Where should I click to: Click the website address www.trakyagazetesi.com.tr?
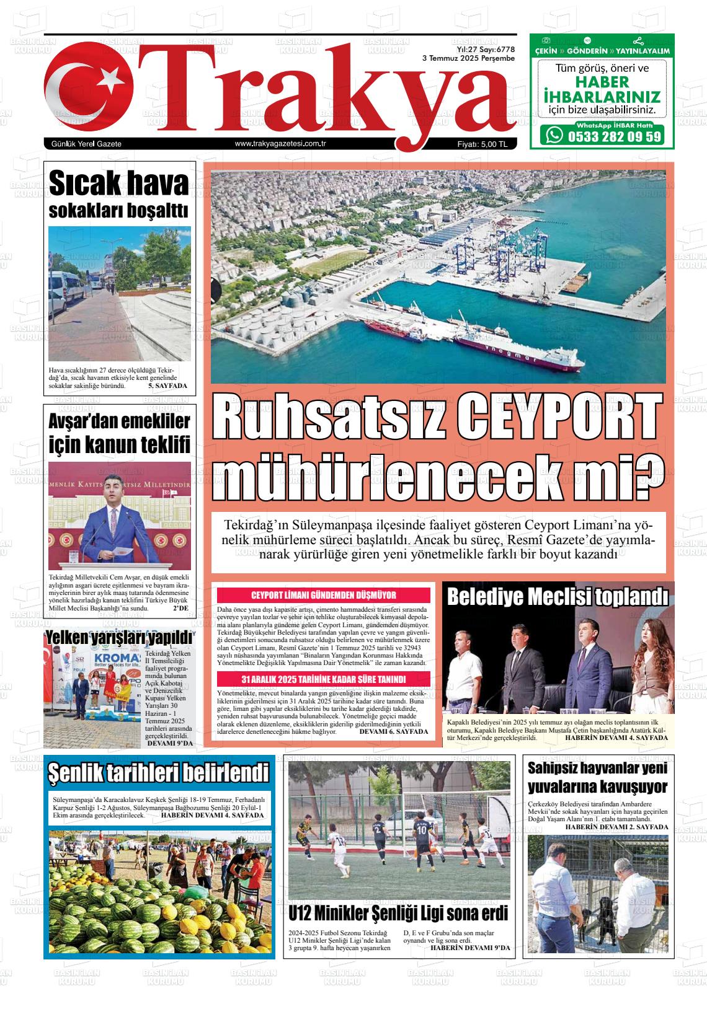pyautogui.click(x=281, y=144)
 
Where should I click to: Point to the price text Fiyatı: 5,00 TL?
pyautogui.click(x=482, y=144)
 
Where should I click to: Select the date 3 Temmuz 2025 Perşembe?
pyautogui.click(x=468, y=58)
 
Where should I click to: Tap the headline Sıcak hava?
pyautogui.click(x=118, y=183)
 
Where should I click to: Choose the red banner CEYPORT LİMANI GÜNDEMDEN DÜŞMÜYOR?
pyautogui.click(x=323, y=596)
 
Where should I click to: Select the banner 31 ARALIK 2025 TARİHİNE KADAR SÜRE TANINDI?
pyautogui.click(x=323, y=679)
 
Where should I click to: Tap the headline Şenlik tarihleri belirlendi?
pyautogui.click(x=159, y=773)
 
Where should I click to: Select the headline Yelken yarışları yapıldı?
pyautogui.click(x=119, y=638)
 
